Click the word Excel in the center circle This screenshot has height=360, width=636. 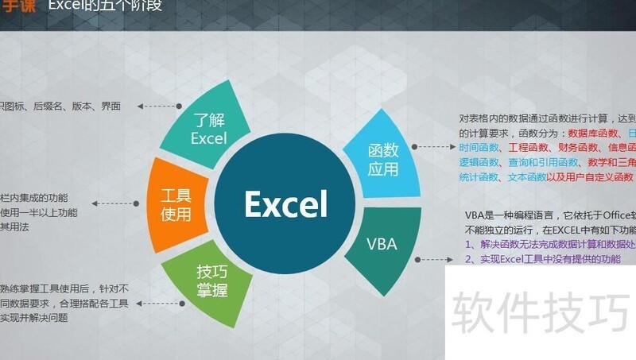(285, 203)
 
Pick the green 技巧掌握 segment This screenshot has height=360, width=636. (208, 281)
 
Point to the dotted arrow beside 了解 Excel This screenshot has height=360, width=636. (159, 105)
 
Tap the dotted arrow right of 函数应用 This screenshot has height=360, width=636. (436, 147)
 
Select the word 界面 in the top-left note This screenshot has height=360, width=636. (111, 106)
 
